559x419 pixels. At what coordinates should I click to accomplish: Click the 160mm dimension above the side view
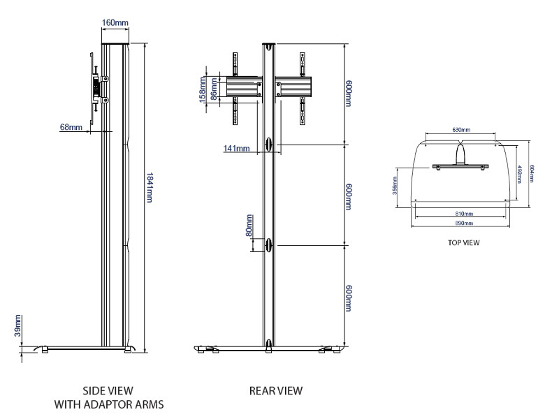coord(115,23)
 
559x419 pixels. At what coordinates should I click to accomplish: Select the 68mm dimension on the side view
coord(71,128)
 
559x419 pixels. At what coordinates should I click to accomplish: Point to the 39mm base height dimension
coord(18,325)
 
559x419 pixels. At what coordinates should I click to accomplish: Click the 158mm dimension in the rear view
coord(203,88)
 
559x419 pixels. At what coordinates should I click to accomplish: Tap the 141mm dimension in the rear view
coord(237,148)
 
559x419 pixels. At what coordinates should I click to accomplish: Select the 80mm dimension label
coord(249,230)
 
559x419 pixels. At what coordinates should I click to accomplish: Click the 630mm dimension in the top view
coord(460,130)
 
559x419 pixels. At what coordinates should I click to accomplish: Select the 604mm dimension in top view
coord(531,173)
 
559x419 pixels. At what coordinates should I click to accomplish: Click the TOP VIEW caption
coord(463,244)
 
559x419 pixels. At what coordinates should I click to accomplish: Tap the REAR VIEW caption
coord(276,391)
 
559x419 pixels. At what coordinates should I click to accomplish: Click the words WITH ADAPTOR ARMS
coord(110,404)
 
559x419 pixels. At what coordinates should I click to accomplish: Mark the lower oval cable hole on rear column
coord(269,245)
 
